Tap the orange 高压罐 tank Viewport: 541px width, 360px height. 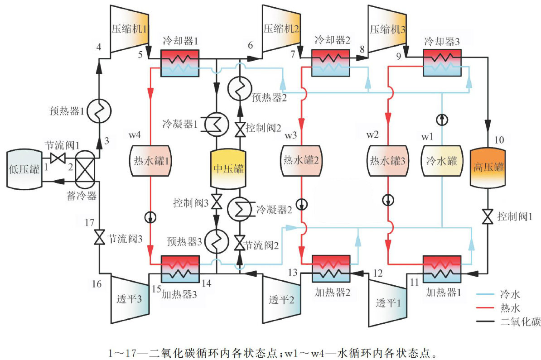tap(487, 167)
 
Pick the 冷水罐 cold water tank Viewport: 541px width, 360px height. tap(442, 161)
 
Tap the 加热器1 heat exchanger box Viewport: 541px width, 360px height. tap(442, 270)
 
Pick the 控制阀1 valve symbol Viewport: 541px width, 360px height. tap(487, 216)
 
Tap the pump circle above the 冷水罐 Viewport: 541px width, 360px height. tap(442, 119)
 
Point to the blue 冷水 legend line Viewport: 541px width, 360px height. tap(489, 295)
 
